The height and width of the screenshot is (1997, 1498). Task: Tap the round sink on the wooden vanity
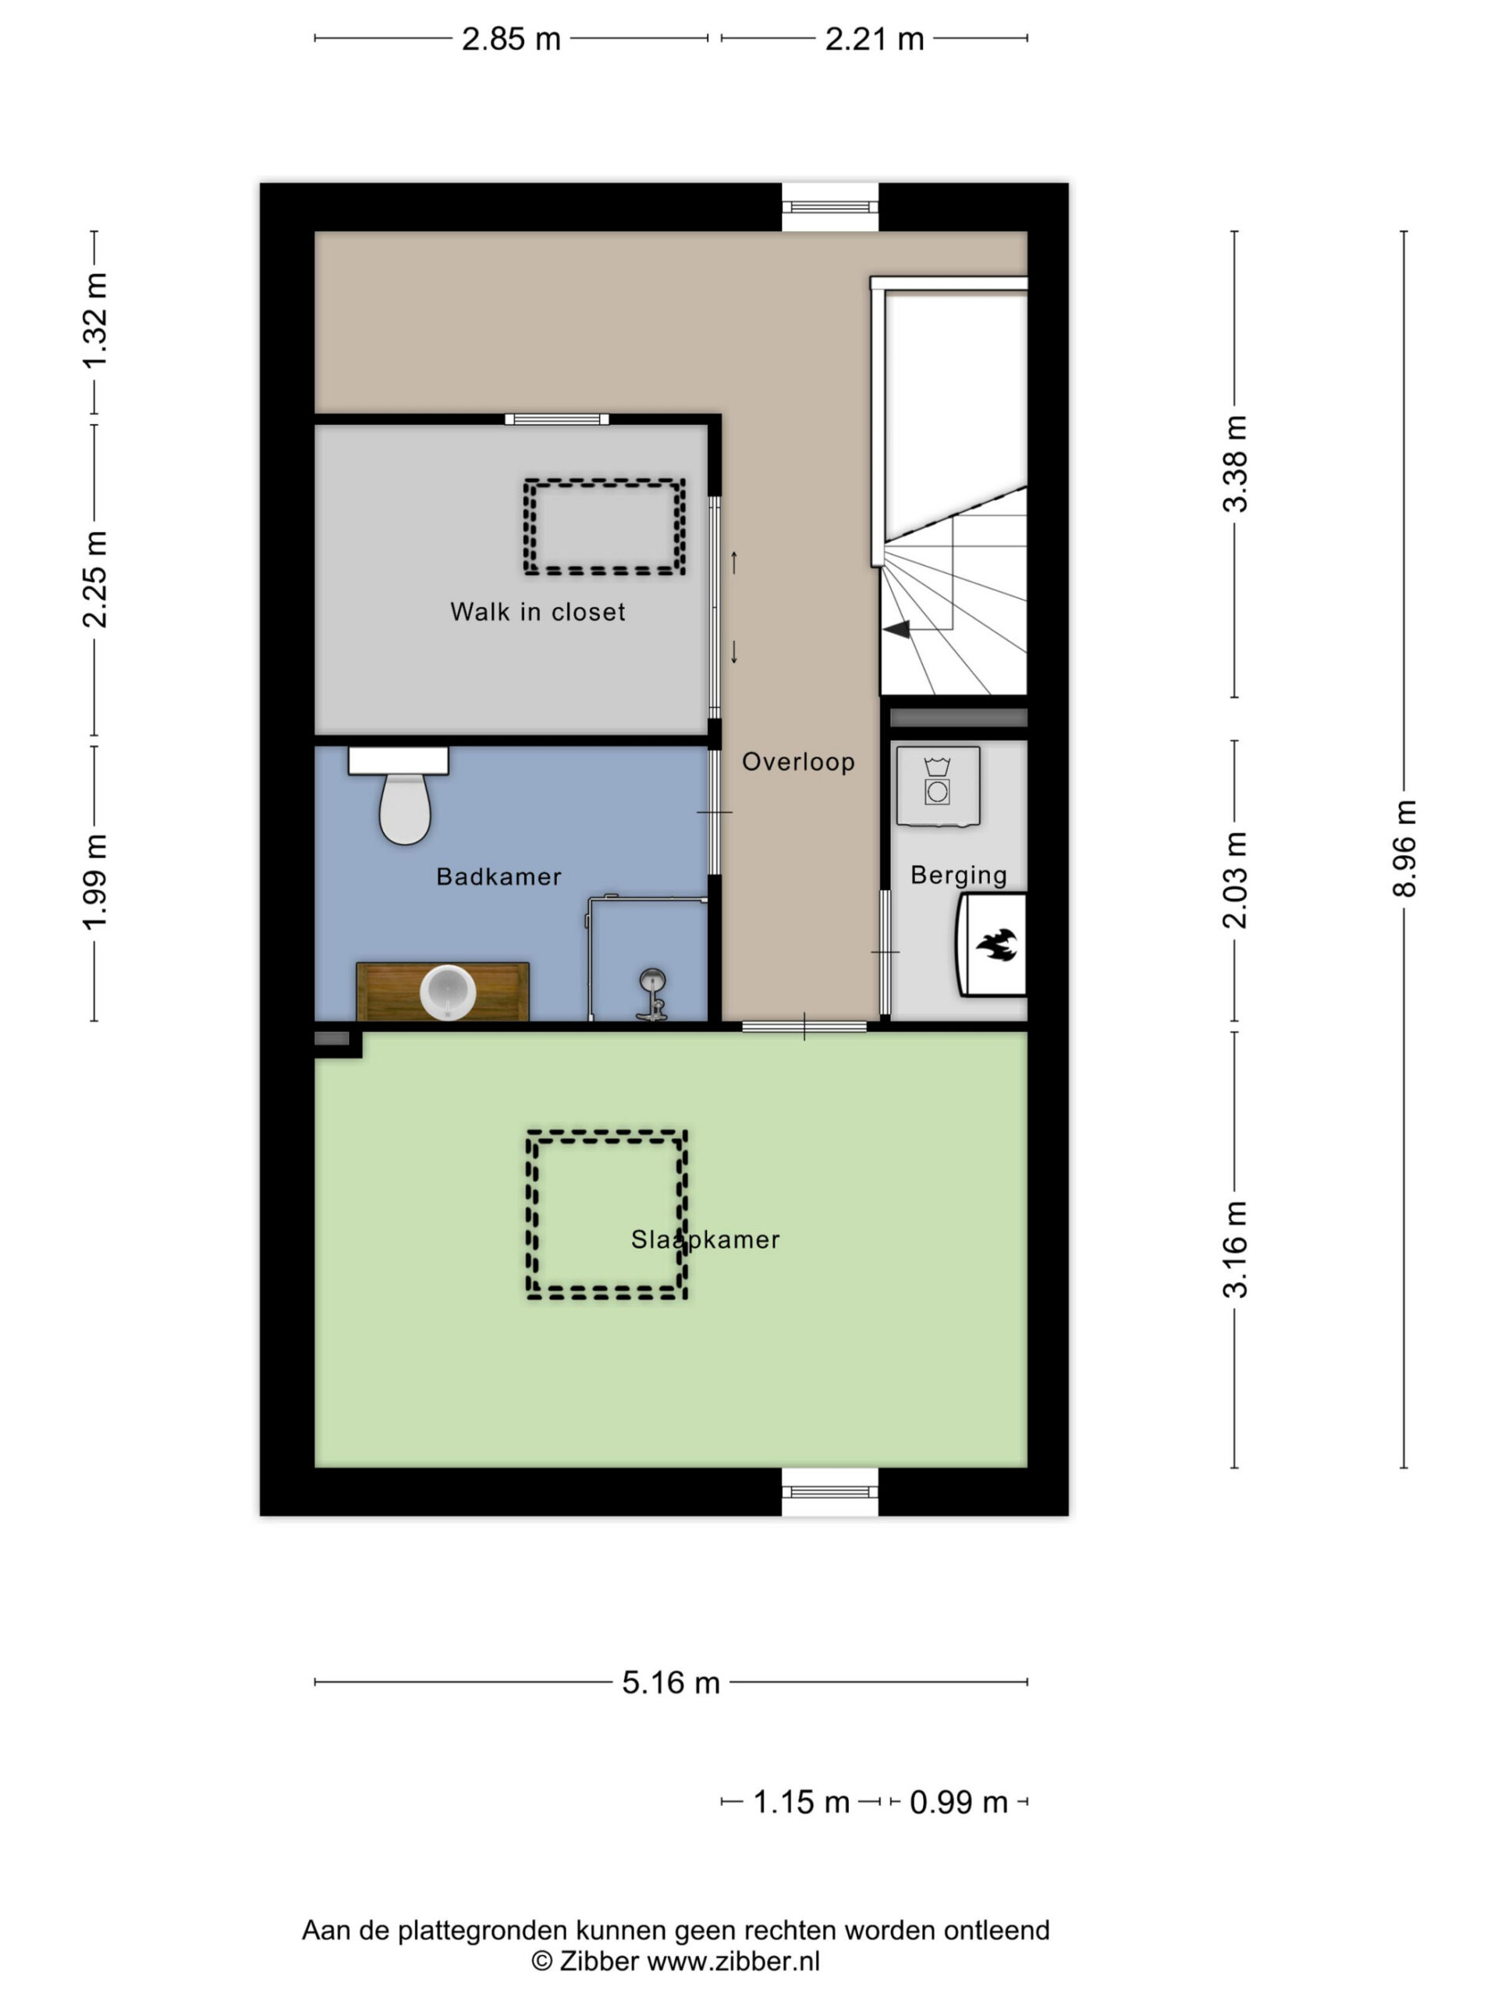coord(448,992)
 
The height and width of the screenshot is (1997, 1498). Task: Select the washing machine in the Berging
coord(938,786)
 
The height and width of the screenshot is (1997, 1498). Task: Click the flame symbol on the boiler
coord(997,945)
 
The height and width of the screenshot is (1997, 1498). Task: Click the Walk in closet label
coord(538,612)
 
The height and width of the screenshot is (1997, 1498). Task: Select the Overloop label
coord(798,762)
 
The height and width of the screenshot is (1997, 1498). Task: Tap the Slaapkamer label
coord(705,1240)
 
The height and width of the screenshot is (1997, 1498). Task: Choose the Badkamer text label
coord(499,877)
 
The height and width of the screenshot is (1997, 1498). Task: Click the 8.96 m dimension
coord(1404,849)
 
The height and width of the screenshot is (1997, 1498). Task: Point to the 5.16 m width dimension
coord(671,1683)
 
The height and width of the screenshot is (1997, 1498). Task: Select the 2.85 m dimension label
coord(511,39)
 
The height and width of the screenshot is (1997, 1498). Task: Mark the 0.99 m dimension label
coord(958,1802)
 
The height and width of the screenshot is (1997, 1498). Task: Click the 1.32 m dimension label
coord(95,321)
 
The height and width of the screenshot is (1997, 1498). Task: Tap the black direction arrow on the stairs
coord(896,630)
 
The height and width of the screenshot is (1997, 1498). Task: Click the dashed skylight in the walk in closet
coord(604,527)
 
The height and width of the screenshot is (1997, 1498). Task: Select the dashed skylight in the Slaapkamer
coord(607,1215)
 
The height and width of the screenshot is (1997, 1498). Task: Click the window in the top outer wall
coord(830,207)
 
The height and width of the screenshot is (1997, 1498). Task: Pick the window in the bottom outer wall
coord(830,1492)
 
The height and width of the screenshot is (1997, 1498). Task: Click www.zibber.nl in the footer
coord(733,1961)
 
